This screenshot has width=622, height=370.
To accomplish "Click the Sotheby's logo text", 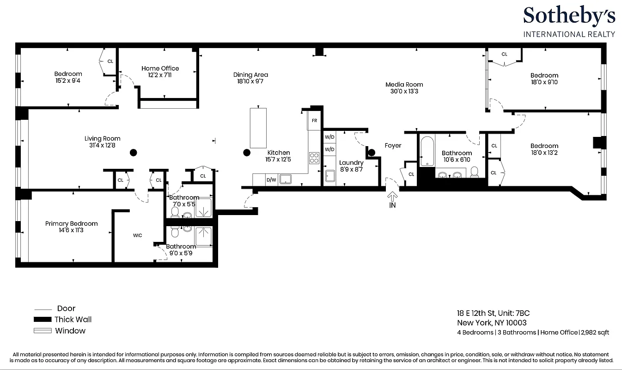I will tap(569, 16).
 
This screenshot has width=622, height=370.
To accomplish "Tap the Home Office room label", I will tap(160, 68).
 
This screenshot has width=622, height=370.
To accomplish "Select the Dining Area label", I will tap(250, 75).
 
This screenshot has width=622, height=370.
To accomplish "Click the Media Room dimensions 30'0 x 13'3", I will tap(404, 91).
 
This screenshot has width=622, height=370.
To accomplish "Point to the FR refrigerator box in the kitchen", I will tap(314, 120).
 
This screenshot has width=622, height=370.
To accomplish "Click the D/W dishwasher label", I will tap(271, 179).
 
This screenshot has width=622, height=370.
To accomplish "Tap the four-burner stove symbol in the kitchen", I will tap(314, 158).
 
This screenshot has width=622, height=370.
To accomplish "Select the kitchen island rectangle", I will tap(258, 128).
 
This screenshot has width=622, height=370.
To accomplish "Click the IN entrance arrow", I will tap(392, 197).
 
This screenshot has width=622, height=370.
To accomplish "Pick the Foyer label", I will tap(393, 146).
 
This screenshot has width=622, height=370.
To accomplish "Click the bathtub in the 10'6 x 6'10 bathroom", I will tap(427, 151).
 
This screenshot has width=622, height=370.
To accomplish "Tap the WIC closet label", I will tap(137, 235).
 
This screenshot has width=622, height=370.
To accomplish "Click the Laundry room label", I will tap(351, 163).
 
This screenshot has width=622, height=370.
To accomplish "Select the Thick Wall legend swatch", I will tap(42, 320).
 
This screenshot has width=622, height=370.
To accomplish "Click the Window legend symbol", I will tap(42, 331).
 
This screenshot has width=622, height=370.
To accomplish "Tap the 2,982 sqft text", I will tap(595, 333).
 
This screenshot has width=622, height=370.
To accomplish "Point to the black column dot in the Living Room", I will tap(133, 152).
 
